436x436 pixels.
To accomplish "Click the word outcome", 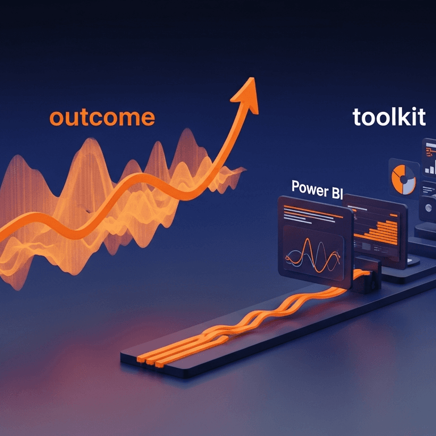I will (x=102, y=118).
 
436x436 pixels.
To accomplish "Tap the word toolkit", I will (x=388, y=117).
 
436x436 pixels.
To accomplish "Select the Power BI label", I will (x=310, y=188).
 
